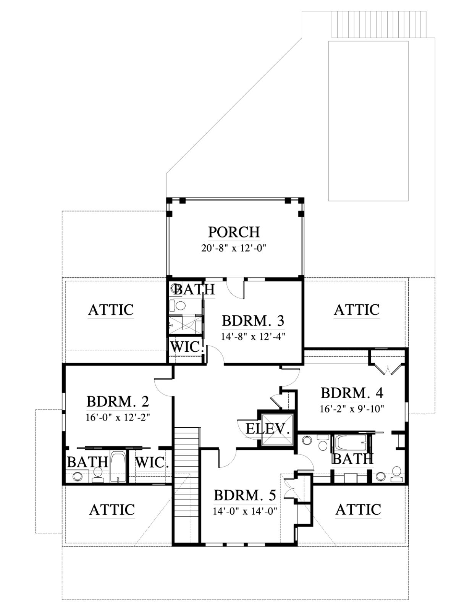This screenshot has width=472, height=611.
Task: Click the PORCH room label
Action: coord(234,232)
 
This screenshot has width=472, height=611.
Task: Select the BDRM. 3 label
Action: coord(253,321)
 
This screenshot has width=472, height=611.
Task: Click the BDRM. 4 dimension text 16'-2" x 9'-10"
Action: coord(352,409)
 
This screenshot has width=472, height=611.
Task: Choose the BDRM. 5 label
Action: coord(245,495)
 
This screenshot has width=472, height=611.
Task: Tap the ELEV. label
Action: coord(268,429)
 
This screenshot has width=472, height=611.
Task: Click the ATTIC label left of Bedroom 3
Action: coord(111,310)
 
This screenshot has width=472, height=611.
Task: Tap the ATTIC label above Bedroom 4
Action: coord(357,310)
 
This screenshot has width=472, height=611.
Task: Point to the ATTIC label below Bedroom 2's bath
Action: coord(112,509)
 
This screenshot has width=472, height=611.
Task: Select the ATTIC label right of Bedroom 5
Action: coord(358,509)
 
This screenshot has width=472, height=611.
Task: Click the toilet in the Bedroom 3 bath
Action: coord(178,305)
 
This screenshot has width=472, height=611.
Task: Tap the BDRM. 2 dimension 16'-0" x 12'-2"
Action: coord(118,417)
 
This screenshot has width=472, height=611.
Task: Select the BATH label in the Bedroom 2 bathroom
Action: coord(88,462)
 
